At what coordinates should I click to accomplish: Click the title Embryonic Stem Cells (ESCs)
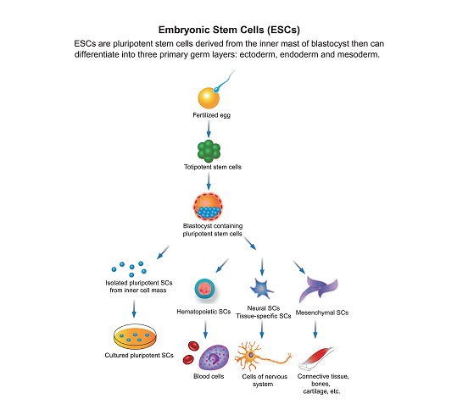pyautogui.click(x=229, y=30)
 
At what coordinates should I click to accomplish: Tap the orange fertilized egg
pyautogui.click(x=209, y=98)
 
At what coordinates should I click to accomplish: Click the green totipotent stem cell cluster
pyautogui.click(x=209, y=151)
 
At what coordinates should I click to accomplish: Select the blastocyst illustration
pyautogui.click(x=208, y=206)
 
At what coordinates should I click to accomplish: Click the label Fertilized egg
pyautogui.click(x=212, y=115)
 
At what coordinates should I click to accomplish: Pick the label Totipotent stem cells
pyautogui.click(x=213, y=167)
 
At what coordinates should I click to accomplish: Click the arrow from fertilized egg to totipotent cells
pyautogui.click(x=209, y=129)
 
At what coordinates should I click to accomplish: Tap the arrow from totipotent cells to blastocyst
pyautogui.click(x=209, y=181)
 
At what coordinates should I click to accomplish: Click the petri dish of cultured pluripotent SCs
pyautogui.click(x=135, y=337)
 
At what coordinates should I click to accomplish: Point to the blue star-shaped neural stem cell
pyautogui.click(x=261, y=288)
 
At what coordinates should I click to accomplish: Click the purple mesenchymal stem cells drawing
pyautogui.click(x=318, y=289)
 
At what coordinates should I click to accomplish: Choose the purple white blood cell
pyautogui.click(x=214, y=357)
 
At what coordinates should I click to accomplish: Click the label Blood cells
pyautogui.click(x=209, y=376)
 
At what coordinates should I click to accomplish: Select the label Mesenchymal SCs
pyautogui.click(x=322, y=313)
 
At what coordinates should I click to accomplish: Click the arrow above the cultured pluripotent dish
pyautogui.click(x=134, y=308)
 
